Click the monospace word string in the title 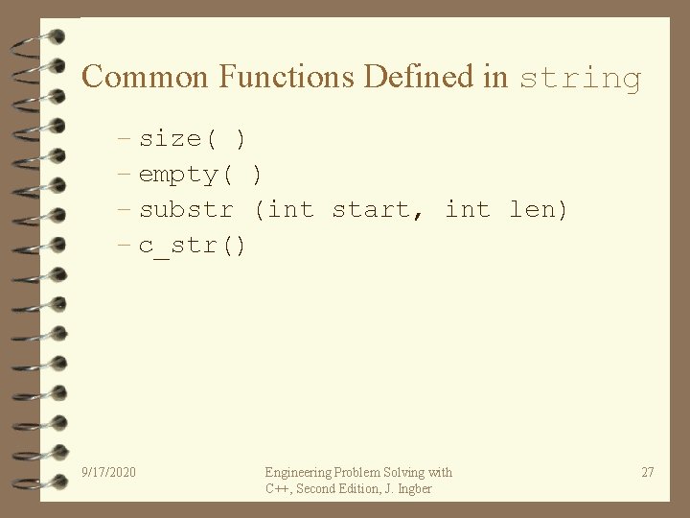(580, 78)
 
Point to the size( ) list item (193, 139)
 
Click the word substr (186, 209)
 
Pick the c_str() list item (193, 246)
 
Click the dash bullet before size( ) (125, 139)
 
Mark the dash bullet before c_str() (125, 246)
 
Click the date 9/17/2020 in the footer (109, 472)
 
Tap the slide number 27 (648, 472)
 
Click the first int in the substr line (290, 209)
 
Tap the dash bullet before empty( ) (125, 175)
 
